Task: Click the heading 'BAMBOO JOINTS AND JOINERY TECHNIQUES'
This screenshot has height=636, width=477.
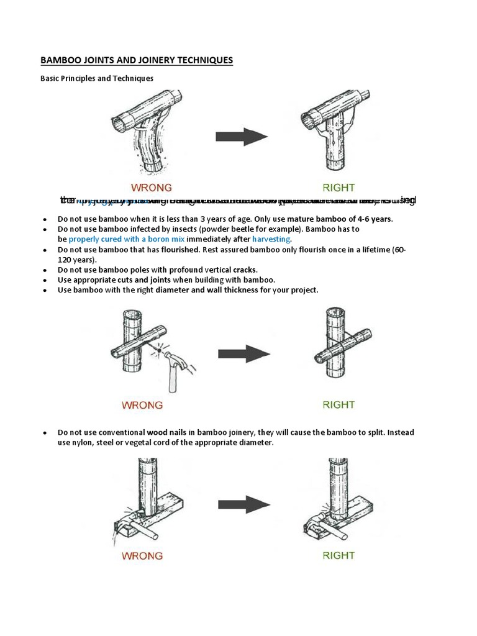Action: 137,60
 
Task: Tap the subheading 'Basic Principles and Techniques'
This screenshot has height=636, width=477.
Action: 96,78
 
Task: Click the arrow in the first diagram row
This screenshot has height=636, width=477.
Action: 242,137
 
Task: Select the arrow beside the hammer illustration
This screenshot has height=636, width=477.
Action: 243,355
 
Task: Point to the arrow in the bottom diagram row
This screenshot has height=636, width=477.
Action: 243,504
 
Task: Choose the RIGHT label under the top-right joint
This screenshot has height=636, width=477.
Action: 338,187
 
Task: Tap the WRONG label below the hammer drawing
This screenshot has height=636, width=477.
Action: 142,405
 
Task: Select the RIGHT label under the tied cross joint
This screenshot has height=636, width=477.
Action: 338,405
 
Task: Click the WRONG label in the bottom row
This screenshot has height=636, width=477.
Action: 142,555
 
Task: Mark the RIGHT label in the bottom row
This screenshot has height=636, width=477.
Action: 338,555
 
